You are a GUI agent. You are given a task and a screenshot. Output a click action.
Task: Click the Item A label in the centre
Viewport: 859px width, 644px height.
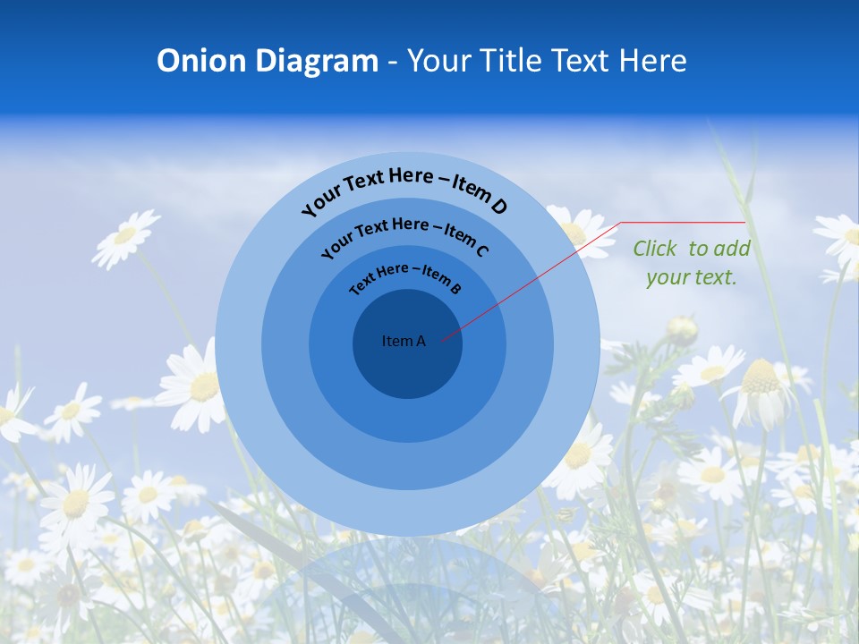[404, 341]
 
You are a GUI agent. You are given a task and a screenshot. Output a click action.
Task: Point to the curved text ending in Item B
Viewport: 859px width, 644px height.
[405, 276]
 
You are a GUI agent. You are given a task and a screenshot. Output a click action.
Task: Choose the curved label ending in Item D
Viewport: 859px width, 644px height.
[404, 189]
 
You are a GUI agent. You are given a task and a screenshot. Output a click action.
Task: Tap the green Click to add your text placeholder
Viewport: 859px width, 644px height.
[692, 263]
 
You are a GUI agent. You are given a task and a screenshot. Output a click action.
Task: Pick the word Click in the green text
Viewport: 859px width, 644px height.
[656, 249]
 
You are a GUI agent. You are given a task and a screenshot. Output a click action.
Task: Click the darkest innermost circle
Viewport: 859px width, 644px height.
[407, 367]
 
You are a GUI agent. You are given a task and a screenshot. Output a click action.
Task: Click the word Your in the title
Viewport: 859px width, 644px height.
[441, 61]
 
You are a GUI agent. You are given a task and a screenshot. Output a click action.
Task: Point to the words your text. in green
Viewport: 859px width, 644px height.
[692, 277]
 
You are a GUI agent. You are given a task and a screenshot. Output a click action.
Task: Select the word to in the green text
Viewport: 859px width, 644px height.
[699, 249]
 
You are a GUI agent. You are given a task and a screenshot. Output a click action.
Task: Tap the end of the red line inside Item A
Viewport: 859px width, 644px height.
[441, 339]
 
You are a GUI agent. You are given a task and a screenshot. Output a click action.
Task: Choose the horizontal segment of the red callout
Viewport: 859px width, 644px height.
[683, 223]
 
